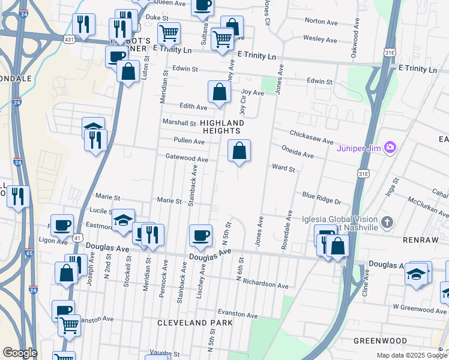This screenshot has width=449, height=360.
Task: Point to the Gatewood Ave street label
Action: [x=187, y=159]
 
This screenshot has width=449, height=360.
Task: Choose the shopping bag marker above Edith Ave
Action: [x=220, y=92]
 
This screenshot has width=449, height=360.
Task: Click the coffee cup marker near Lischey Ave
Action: [x=200, y=235]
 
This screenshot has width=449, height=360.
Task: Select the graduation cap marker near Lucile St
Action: [x=124, y=220]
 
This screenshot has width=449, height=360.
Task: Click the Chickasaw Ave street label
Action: [x=311, y=137]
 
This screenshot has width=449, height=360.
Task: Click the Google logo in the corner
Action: [x=19, y=353]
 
